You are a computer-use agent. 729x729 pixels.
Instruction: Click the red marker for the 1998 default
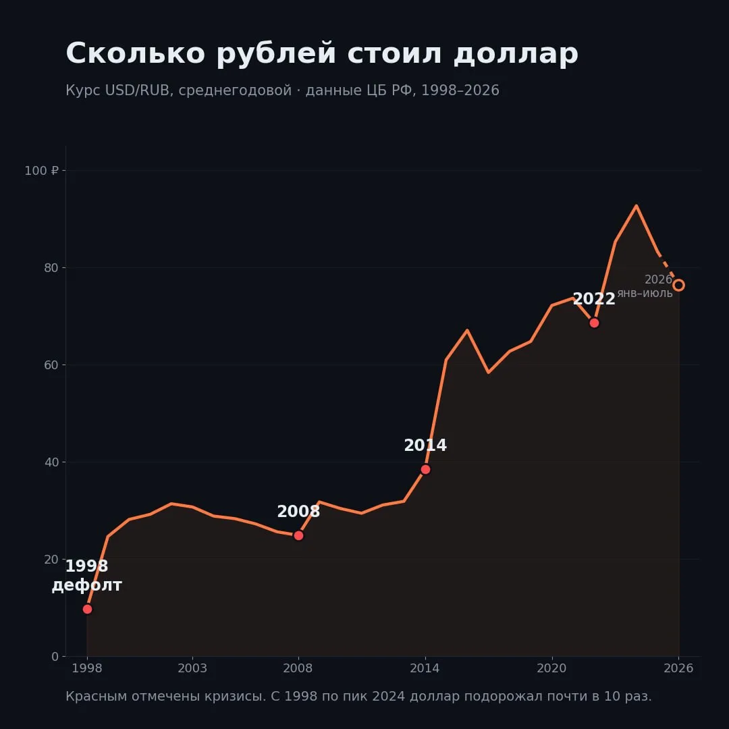tap(87, 609)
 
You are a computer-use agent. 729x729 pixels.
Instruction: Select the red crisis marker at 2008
tap(298, 535)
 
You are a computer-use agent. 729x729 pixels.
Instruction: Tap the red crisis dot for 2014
tap(425, 470)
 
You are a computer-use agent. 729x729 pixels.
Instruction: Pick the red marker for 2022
tap(594, 323)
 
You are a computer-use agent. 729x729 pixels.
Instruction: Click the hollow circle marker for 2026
tap(679, 285)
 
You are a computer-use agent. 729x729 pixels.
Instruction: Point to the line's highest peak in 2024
tap(637, 205)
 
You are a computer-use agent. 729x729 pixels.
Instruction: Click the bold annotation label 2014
tap(425, 446)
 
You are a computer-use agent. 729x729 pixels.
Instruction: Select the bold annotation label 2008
tap(298, 512)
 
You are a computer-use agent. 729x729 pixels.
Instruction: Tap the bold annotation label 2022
tap(594, 299)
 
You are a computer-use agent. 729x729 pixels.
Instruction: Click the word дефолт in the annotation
tap(87, 585)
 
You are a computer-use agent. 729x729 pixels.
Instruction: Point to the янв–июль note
tap(645, 294)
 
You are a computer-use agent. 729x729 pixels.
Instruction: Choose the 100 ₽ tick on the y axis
tap(42, 171)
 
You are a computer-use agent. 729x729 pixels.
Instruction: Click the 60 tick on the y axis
tap(51, 365)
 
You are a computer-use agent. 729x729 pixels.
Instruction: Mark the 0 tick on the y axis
tap(55, 657)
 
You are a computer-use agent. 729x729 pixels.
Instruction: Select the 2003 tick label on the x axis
tap(192, 668)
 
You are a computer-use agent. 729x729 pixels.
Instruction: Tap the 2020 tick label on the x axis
tap(552, 668)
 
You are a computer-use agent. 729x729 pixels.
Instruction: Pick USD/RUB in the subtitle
tap(137, 90)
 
